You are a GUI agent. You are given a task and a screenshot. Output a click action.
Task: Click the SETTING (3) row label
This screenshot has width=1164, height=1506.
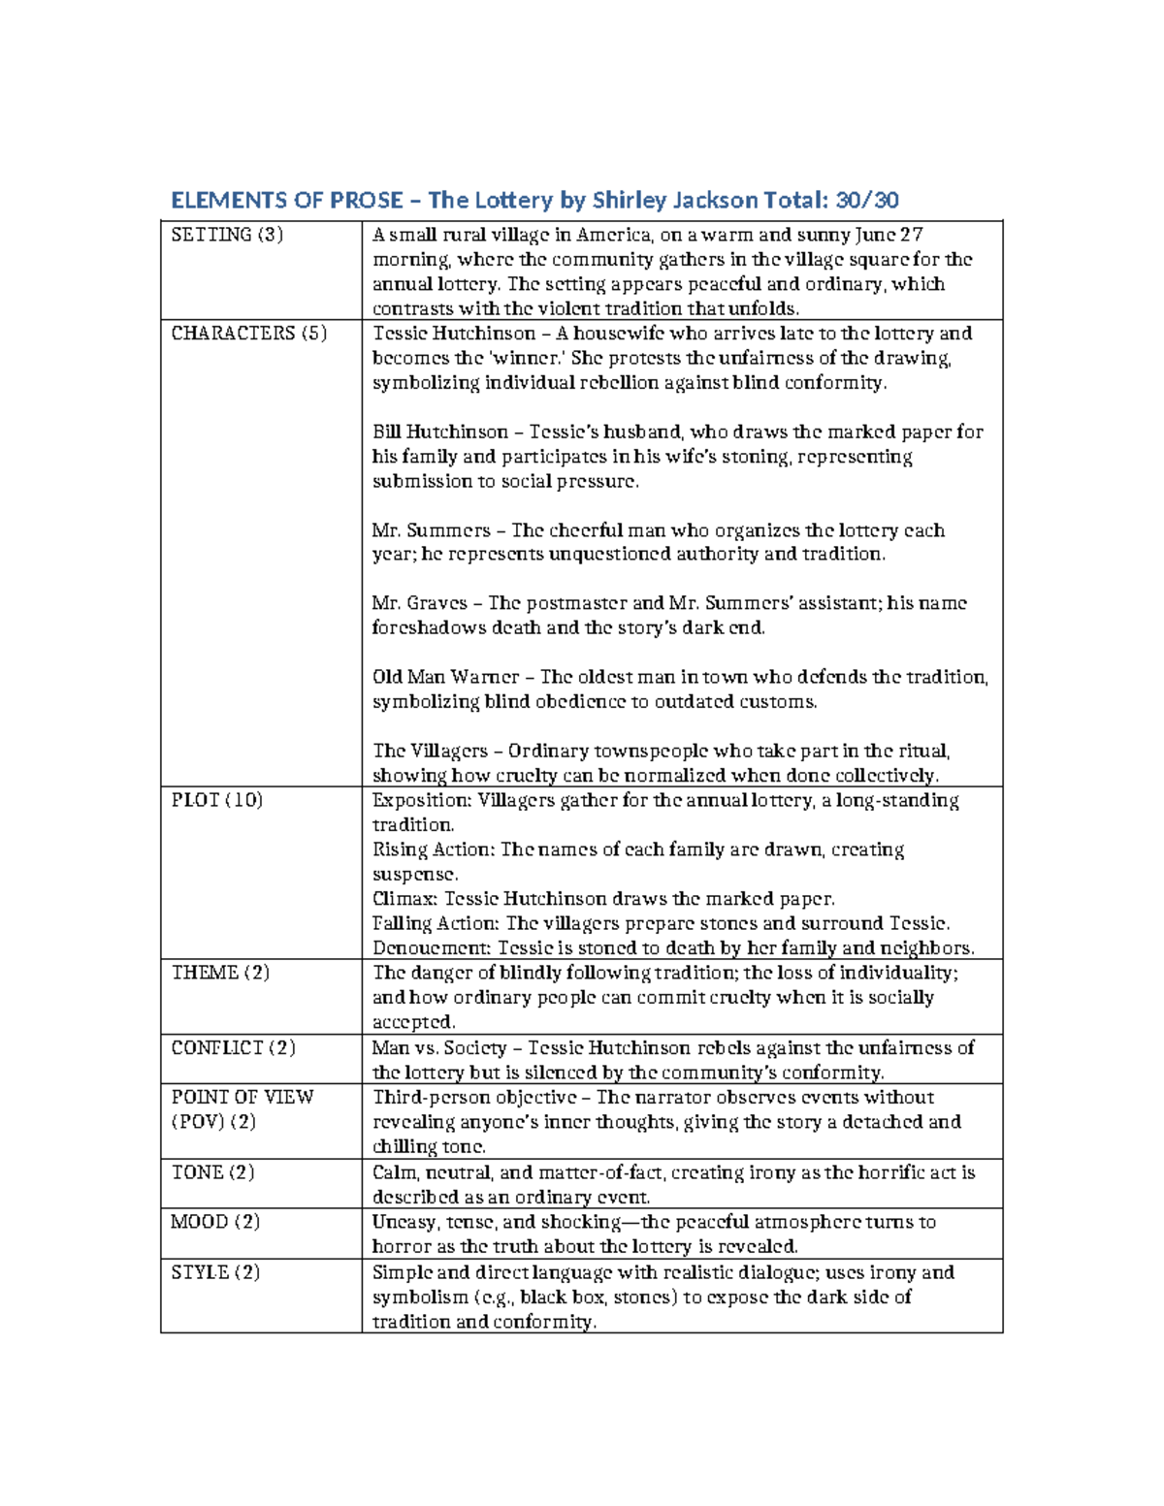(x=227, y=235)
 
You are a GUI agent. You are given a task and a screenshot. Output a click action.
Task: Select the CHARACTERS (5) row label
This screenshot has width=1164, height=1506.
(x=249, y=334)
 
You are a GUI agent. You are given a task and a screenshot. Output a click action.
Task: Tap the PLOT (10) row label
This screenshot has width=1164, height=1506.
(x=217, y=800)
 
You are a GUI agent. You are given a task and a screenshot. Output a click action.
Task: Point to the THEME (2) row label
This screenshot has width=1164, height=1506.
(x=220, y=973)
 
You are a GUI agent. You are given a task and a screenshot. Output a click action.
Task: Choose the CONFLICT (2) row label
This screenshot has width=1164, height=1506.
(x=233, y=1048)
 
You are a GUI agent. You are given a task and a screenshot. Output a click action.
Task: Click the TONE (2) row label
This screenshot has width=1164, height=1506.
(x=212, y=1172)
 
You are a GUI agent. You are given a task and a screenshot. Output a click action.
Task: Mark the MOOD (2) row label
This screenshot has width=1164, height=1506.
(x=215, y=1222)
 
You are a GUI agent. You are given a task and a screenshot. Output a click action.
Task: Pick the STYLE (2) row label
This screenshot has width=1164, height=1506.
(x=215, y=1272)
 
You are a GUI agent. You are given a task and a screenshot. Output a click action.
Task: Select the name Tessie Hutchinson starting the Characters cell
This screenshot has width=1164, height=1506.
(x=454, y=334)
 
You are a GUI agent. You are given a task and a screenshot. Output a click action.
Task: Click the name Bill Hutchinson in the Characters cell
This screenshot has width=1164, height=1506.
(x=440, y=433)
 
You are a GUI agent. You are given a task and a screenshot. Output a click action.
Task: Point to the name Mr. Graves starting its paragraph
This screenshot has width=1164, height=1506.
(x=420, y=603)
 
